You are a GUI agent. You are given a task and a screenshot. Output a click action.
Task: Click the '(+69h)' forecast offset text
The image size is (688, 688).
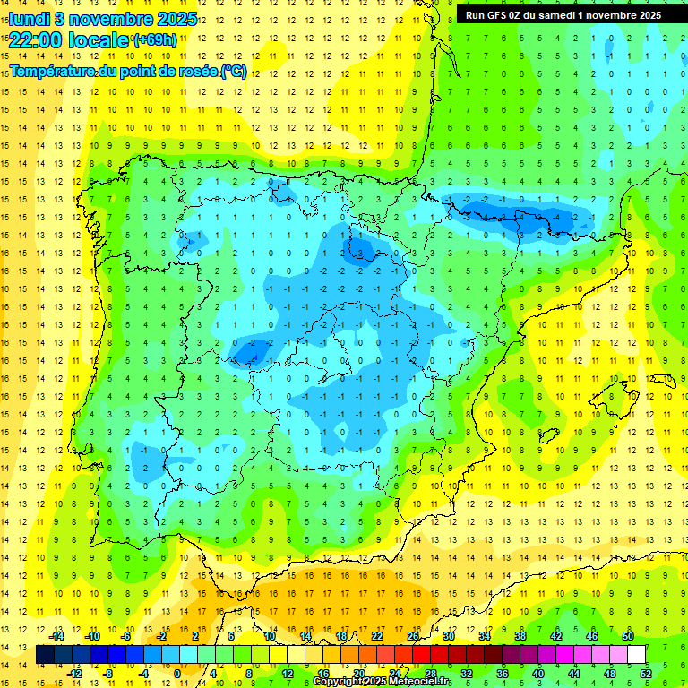pos(155,40)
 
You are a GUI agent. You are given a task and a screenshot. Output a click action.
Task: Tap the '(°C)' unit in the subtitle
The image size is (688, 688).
pos(234,71)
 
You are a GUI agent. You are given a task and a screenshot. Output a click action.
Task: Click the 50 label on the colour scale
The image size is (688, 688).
pos(627,636)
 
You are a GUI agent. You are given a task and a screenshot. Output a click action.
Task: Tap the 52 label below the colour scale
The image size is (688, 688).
pos(646,673)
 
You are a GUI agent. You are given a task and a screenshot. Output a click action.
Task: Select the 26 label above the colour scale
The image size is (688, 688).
pos(413,636)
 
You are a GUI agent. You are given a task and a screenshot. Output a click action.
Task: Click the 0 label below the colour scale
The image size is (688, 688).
pos(177,673)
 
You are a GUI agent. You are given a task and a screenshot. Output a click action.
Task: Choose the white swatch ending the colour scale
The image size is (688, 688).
pos(637,655)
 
